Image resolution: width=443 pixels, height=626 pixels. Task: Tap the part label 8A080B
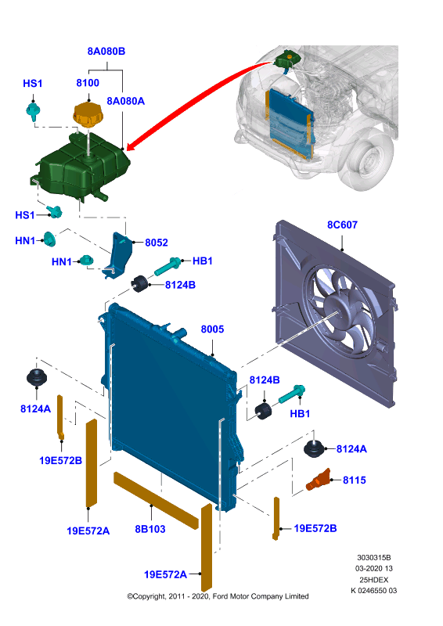click(x=106, y=51)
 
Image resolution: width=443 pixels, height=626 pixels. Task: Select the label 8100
click(x=88, y=83)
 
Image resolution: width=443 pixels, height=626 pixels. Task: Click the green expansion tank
click(x=83, y=167)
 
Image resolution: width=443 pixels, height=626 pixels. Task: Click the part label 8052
click(x=157, y=243)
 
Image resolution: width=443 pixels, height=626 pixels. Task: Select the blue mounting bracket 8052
click(x=119, y=255)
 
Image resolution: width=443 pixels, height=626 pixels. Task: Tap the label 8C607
click(x=342, y=225)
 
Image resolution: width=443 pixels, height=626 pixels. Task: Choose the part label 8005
click(x=212, y=329)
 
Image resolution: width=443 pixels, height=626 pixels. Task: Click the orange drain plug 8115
click(x=319, y=480)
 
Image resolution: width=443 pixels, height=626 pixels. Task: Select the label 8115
click(x=355, y=480)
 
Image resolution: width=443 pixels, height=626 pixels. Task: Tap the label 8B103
click(x=150, y=529)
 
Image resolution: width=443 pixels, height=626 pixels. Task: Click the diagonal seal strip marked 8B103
click(x=156, y=500)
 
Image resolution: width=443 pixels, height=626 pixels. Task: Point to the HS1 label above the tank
click(x=33, y=83)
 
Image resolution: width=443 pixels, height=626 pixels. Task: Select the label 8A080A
click(x=125, y=101)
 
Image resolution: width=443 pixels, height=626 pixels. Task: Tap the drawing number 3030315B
click(x=374, y=557)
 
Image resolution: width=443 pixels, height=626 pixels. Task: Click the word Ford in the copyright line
click(x=220, y=596)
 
